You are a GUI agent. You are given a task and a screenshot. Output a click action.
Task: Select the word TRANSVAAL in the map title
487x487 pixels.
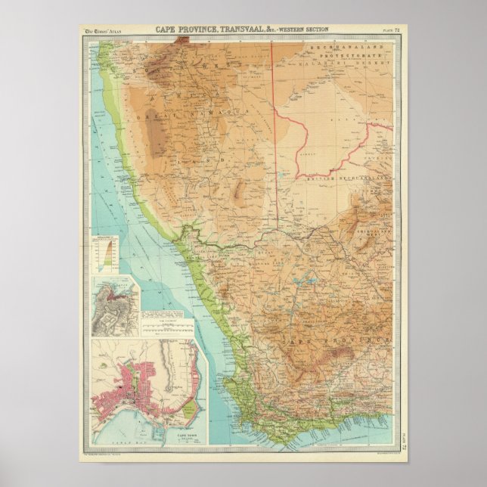[241, 29]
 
